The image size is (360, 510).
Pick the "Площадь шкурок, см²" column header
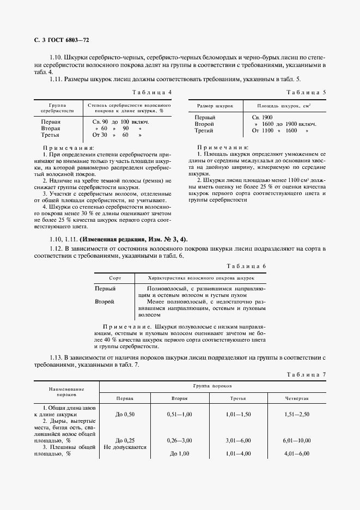click(x=277, y=105)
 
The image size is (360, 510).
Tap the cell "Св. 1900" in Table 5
click(x=262, y=118)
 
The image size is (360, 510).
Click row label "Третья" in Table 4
click(x=50, y=135)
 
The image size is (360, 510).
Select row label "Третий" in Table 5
click(x=205, y=131)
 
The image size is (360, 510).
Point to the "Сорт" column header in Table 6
click(x=114, y=277)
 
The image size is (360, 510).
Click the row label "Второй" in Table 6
click(x=104, y=301)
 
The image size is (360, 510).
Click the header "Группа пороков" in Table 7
click(x=213, y=385)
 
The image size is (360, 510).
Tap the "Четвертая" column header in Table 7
click(x=296, y=399)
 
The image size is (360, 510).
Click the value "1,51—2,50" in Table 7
click(x=296, y=415)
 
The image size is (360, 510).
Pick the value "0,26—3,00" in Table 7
click(x=180, y=440)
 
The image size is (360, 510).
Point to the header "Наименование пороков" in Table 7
click(x=66, y=391)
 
